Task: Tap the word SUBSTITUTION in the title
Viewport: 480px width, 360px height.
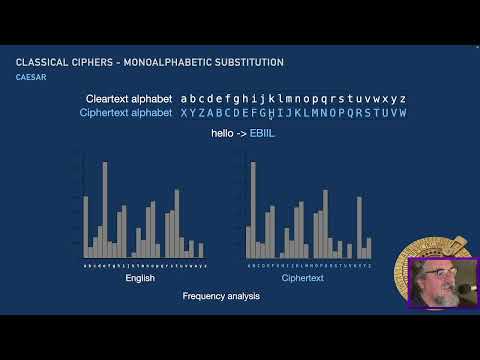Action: pos(250,63)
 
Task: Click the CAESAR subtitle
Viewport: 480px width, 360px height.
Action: pos(31,77)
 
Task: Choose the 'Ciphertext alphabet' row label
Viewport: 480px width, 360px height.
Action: pos(125,114)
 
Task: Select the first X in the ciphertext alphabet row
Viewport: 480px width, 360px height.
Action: pos(184,114)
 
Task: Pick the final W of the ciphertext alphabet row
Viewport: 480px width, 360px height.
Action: pos(402,114)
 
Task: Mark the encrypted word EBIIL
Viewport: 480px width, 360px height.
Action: pos(263,133)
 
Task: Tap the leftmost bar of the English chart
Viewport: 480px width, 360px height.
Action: pos(86,228)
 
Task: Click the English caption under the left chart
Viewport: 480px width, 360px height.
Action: pos(140,278)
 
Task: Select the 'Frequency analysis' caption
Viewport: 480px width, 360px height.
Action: pos(221,297)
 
